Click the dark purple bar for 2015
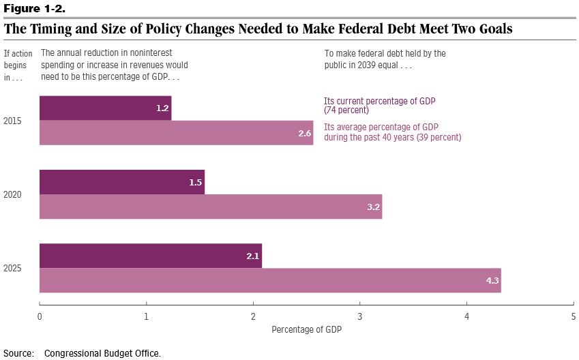click(x=105, y=108)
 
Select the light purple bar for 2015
click(x=176, y=133)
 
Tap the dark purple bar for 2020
click(x=122, y=182)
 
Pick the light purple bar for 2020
click(x=210, y=207)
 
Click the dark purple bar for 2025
click(x=151, y=256)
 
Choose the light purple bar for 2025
click(x=270, y=280)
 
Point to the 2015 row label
click(x=12, y=121)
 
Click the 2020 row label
click(x=12, y=194)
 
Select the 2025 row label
click(x=12, y=268)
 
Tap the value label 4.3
click(x=493, y=280)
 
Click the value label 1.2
click(x=162, y=108)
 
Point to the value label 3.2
click(x=374, y=207)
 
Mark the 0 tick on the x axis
click(x=40, y=316)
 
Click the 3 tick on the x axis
click(x=360, y=316)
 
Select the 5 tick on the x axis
click(x=574, y=316)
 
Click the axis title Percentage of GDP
click(x=306, y=329)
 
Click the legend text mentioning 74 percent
click(x=379, y=105)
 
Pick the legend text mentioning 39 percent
click(x=392, y=132)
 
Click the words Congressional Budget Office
click(x=102, y=353)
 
